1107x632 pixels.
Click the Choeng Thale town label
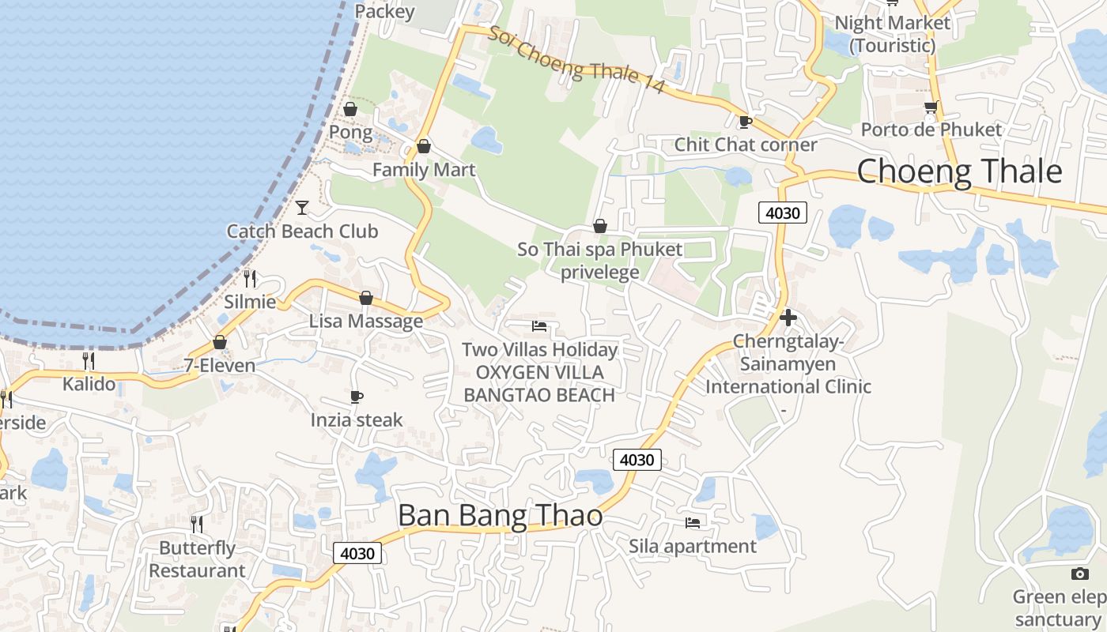[959, 171]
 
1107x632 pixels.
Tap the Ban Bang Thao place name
[500, 515]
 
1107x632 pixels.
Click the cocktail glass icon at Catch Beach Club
[302, 208]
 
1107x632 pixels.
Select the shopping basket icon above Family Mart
[424, 146]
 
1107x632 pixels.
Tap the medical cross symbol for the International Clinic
[788, 318]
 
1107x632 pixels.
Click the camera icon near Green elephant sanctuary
[1079, 574]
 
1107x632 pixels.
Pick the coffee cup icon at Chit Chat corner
[744, 122]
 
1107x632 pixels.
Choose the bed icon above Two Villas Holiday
[539, 325]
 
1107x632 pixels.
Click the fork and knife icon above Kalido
[89, 361]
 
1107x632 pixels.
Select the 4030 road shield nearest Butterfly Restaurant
[357, 553]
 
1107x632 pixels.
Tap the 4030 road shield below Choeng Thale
[782, 212]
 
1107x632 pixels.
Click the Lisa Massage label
[366, 322]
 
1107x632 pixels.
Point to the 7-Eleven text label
[220, 366]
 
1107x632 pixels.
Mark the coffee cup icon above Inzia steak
[357, 397]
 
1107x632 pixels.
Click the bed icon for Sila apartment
[693, 522]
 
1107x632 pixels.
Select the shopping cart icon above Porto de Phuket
[931, 107]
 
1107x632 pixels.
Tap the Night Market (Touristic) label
[893, 34]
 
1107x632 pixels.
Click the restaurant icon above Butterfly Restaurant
[197, 524]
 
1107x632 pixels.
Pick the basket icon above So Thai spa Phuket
[600, 227]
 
